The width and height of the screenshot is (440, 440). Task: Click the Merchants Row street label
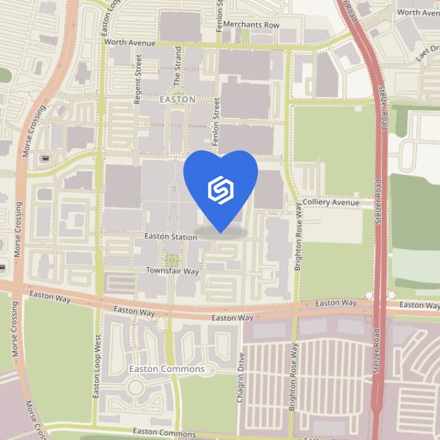click(251, 25)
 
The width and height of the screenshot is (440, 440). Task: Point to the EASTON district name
click(177, 100)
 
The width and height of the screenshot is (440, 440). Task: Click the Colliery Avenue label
click(331, 203)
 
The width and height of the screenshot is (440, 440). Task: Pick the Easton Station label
click(170, 236)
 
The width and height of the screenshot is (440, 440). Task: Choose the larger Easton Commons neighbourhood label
click(166, 369)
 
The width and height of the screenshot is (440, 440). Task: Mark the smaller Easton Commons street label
click(164, 432)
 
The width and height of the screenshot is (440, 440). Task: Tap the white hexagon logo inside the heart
click(221, 189)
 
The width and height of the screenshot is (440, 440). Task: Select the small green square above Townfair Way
click(172, 259)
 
